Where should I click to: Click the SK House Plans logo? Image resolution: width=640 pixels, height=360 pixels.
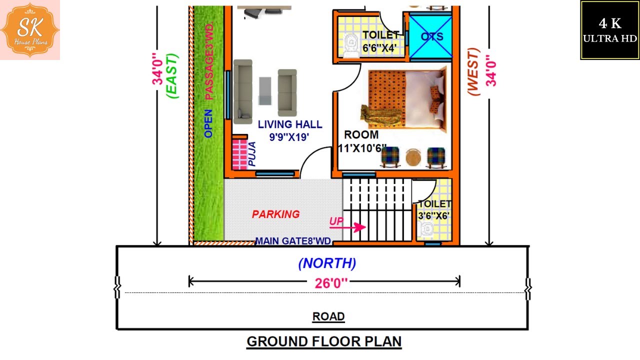pyautogui.click(x=30, y=30)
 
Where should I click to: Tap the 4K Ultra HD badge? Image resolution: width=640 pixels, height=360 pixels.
pyautogui.click(x=609, y=30)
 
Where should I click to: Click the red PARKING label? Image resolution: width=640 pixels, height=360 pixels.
pyautogui.click(x=275, y=214)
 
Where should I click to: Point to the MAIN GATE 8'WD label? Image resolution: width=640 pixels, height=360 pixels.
pyautogui.click(x=293, y=241)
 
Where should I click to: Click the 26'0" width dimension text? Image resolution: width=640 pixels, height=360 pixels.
pyautogui.click(x=331, y=283)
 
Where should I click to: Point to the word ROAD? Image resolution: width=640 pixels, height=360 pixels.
pyautogui.click(x=328, y=316)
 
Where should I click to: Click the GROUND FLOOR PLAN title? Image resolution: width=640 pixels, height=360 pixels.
pyautogui.click(x=324, y=342)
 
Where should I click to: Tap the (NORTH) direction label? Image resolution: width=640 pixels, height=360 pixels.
pyautogui.click(x=327, y=263)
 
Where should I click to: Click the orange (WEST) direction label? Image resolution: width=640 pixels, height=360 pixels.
pyautogui.click(x=473, y=71)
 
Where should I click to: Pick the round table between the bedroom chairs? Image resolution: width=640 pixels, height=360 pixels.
pyautogui.click(x=413, y=157)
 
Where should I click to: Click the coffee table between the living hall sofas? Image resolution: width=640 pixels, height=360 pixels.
pyautogui.click(x=265, y=91)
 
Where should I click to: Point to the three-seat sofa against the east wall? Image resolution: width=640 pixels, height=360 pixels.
pyautogui.click(x=243, y=91)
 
